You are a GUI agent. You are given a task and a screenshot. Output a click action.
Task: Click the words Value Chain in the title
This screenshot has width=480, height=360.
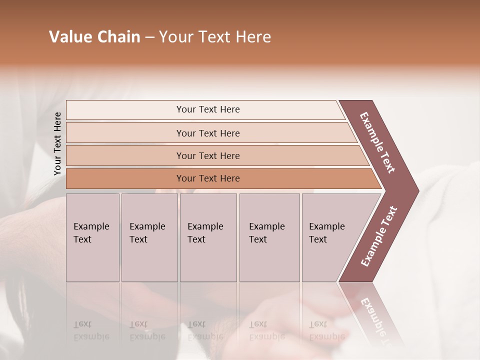[94, 37]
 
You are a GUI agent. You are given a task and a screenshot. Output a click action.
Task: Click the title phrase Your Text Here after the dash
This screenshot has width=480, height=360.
[215, 37]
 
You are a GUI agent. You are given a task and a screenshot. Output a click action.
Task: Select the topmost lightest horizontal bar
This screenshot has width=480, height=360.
[125, 110]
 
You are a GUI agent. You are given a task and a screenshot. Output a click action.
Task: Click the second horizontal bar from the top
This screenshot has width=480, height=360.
[125, 133]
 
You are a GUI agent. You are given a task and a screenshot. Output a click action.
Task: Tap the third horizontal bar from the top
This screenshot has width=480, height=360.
[125, 156]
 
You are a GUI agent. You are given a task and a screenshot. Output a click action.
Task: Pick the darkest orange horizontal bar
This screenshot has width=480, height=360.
[125, 178]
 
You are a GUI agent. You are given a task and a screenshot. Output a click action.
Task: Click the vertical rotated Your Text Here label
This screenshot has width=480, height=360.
[57, 144]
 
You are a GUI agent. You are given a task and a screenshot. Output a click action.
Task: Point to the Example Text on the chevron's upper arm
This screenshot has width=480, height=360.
[377, 142]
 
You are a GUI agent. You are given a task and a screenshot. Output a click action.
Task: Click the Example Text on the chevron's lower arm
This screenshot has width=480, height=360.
[379, 236]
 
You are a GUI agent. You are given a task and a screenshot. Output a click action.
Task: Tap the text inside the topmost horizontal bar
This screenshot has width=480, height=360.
[208, 109]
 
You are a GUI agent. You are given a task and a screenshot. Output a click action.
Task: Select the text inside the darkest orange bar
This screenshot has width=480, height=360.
[208, 178]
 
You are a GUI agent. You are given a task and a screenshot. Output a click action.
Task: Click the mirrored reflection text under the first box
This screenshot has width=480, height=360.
[91, 330]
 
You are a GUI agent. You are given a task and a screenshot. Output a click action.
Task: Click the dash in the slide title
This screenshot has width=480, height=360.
[149, 37]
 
